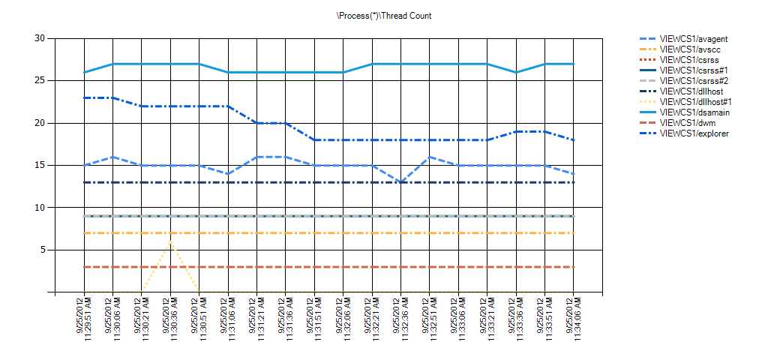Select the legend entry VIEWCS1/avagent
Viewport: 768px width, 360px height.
coord(685,38)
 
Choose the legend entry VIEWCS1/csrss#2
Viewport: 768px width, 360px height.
coord(684,81)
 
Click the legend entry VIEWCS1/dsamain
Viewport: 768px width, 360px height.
coord(685,112)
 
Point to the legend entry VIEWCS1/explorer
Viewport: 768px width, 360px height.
coord(684,133)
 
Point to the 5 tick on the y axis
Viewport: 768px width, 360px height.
coord(43,250)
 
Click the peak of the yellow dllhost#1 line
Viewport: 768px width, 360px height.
coord(170,241)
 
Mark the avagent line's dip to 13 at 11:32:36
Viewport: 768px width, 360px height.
coord(400,182)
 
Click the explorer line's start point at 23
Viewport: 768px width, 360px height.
coord(84,97)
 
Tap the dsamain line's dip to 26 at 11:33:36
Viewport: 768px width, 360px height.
coord(516,72)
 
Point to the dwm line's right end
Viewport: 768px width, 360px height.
coord(573,267)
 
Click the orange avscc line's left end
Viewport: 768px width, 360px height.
coord(84,232)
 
